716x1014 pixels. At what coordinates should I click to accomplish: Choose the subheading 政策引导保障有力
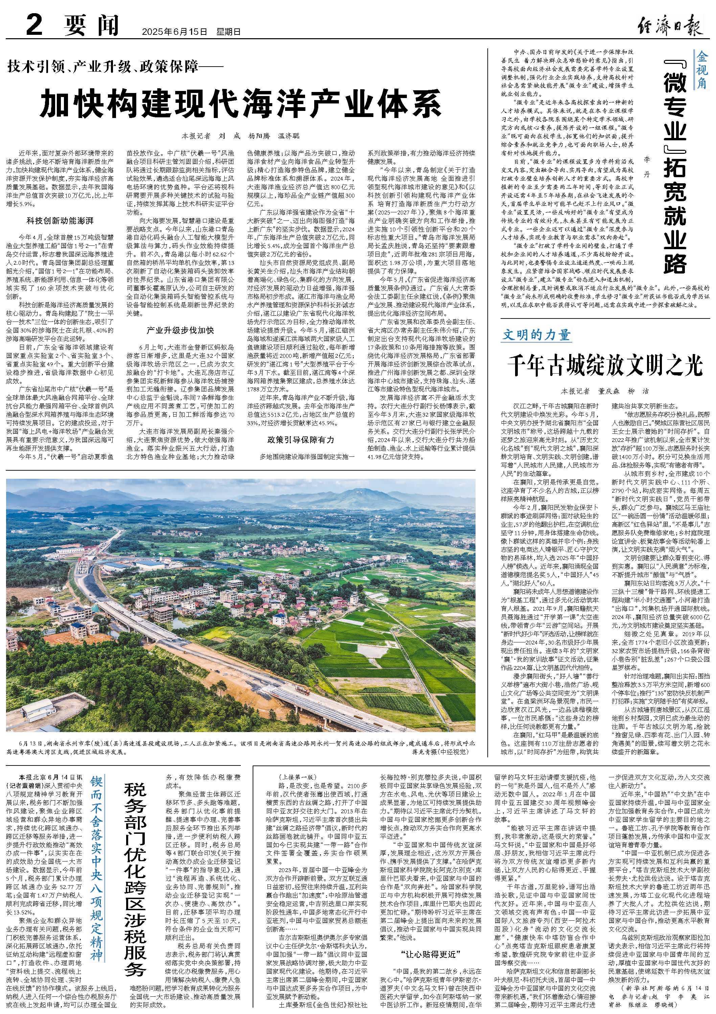coord(300,440)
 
